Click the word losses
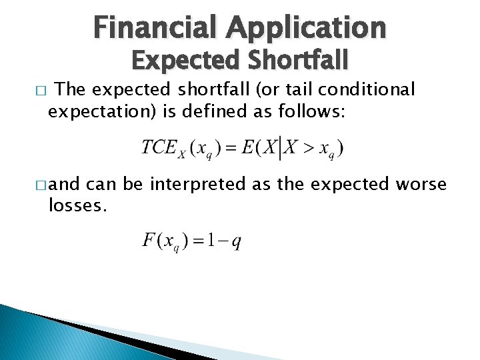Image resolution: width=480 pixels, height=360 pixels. point(77,205)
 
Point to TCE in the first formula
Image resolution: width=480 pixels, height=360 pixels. point(159,146)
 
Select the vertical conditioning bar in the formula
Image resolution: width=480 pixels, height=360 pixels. point(279,147)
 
